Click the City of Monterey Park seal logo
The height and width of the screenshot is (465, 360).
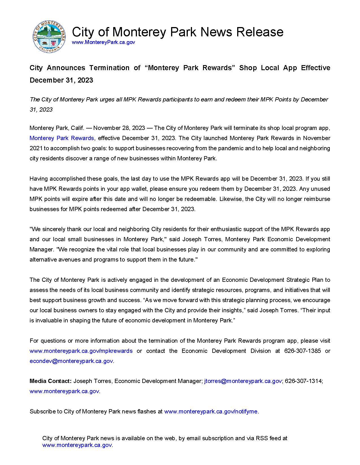49,37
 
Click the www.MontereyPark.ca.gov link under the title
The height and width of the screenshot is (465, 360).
103,42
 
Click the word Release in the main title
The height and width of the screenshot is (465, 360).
259,32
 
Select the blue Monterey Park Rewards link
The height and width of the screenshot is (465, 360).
62,138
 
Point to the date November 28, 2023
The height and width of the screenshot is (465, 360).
119,128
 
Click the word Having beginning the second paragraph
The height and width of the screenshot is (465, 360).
39,179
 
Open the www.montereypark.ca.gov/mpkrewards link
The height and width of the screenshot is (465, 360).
81,351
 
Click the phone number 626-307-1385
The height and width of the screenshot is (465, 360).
302,351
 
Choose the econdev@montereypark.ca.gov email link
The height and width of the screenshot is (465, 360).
71,361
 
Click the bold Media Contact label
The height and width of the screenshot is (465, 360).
51,381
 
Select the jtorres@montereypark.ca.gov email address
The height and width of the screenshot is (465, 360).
243,381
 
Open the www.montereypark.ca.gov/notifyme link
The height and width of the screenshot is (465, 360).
211,411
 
